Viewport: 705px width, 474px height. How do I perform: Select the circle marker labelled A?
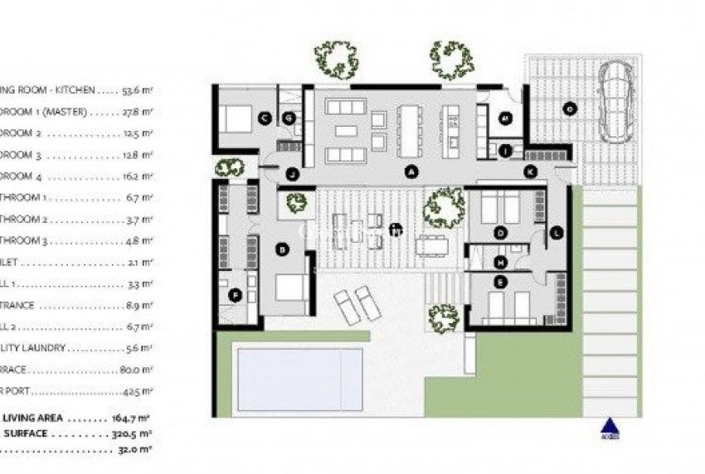408,172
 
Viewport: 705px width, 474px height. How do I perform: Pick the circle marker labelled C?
265,118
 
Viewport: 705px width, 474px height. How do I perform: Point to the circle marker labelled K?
530,172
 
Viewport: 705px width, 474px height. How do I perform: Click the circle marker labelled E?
500,283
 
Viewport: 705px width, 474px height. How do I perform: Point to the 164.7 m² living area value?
138,419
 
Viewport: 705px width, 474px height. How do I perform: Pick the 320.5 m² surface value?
136,433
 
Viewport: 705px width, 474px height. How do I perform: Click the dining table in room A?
410,129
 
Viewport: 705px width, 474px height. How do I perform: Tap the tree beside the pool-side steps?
444,318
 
